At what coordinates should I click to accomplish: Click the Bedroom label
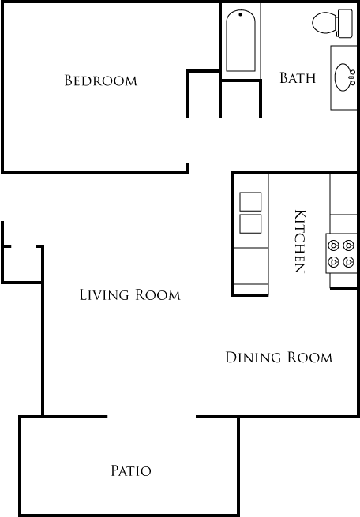[100, 81]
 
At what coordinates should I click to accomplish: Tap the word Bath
[298, 78]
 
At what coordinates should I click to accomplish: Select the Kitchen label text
[300, 241]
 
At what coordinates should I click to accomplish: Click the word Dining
[249, 358]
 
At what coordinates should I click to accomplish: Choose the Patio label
[130, 471]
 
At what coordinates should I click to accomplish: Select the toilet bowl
[324, 24]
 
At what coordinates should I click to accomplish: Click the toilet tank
[345, 24]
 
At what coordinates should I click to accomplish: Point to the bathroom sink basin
[343, 77]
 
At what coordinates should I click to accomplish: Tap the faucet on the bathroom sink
[352, 77]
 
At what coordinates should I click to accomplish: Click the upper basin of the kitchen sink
[250, 202]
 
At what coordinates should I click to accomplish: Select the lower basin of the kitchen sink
[250, 223]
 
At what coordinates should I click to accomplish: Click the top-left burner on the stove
[334, 245]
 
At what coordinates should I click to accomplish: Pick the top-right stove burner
[348, 245]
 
